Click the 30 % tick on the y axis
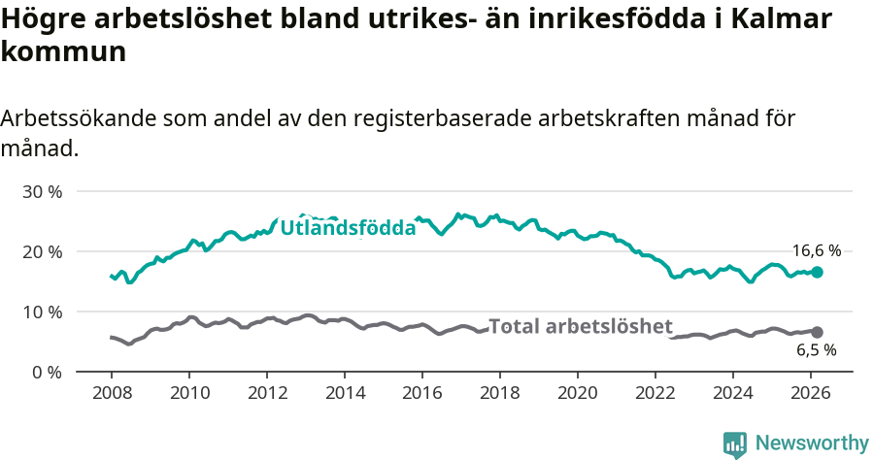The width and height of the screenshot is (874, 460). pyautogui.click(x=42, y=191)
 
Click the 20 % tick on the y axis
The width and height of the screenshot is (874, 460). pyautogui.click(x=42, y=251)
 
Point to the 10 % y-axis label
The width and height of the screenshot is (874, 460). pyautogui.click(x=42, y=312)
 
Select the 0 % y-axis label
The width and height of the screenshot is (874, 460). pyautogui.click(x=47, y=372)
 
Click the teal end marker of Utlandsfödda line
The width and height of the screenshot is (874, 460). pyautogui.click(x=817, y=273)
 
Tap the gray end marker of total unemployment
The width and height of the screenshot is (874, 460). pyautogui.click(x=817, y=332)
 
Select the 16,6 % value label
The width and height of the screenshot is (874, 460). pyautogui.click(x=816, y=250)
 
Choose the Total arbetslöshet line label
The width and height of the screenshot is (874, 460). pyautogui.click(x=580, y=326)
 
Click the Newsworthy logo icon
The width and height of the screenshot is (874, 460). pyautogui.click(x=735, y=444)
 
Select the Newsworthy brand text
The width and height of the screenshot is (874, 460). pyautogui.click(x=811, y=444)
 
